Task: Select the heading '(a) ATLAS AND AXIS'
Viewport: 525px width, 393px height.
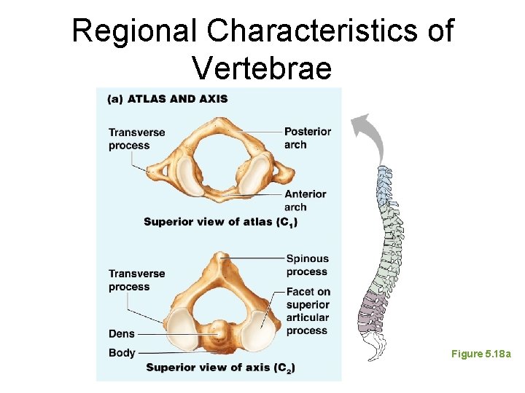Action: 168,99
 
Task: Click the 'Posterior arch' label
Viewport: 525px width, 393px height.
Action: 307,138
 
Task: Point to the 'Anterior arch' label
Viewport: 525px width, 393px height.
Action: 305,200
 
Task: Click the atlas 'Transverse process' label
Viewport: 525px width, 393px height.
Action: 136,138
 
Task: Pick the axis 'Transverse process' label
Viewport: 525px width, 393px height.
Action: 136,280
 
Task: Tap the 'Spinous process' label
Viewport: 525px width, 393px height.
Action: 307,265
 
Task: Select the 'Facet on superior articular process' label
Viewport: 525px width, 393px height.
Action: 308,311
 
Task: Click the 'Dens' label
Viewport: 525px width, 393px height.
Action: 121,334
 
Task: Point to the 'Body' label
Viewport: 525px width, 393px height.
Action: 122,353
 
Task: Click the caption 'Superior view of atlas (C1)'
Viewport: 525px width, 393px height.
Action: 220,221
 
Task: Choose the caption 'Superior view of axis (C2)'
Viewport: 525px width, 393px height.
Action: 219,368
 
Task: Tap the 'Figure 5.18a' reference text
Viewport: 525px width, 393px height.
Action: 481,354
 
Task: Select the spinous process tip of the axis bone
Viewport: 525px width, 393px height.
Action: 219,257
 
